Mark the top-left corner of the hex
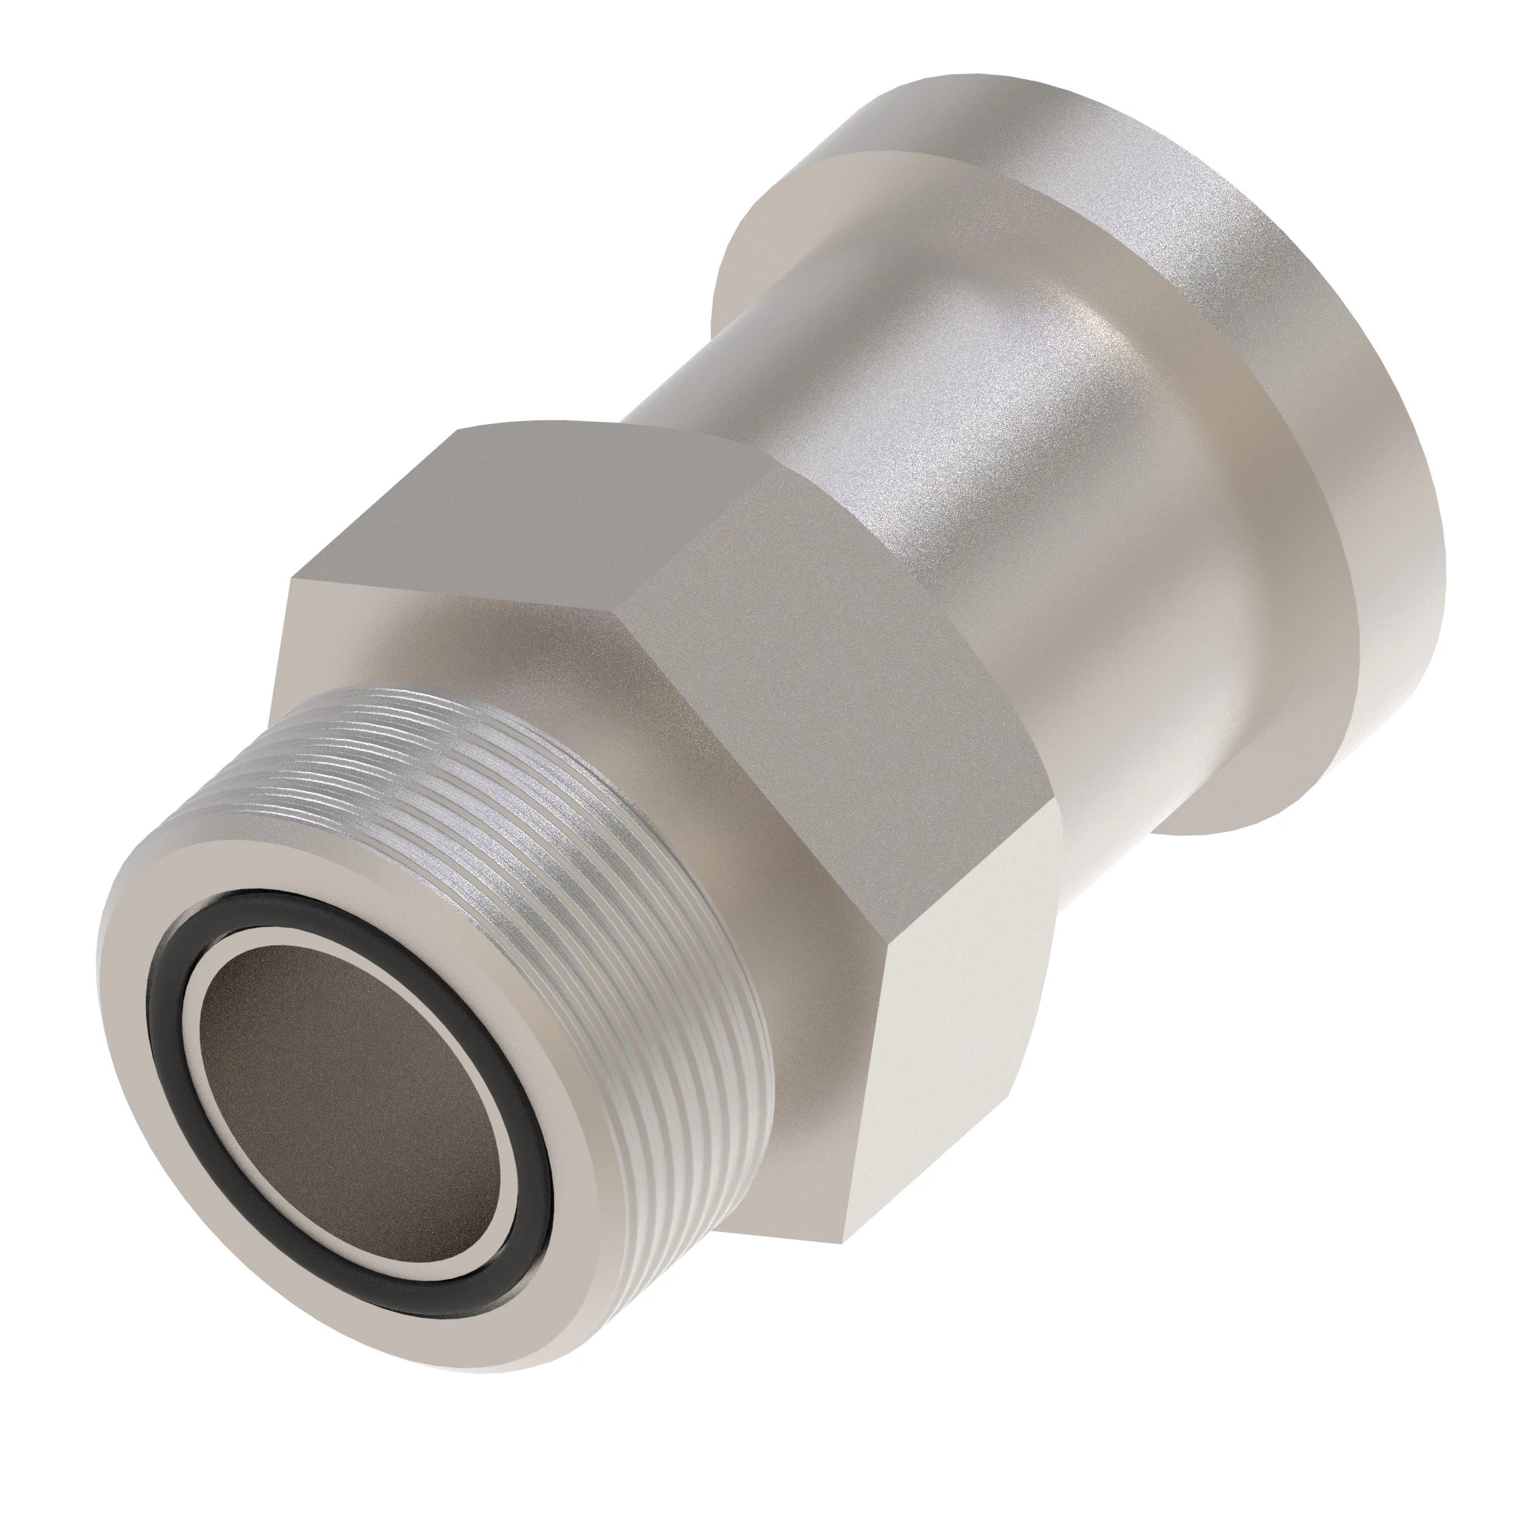click(292, 580)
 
